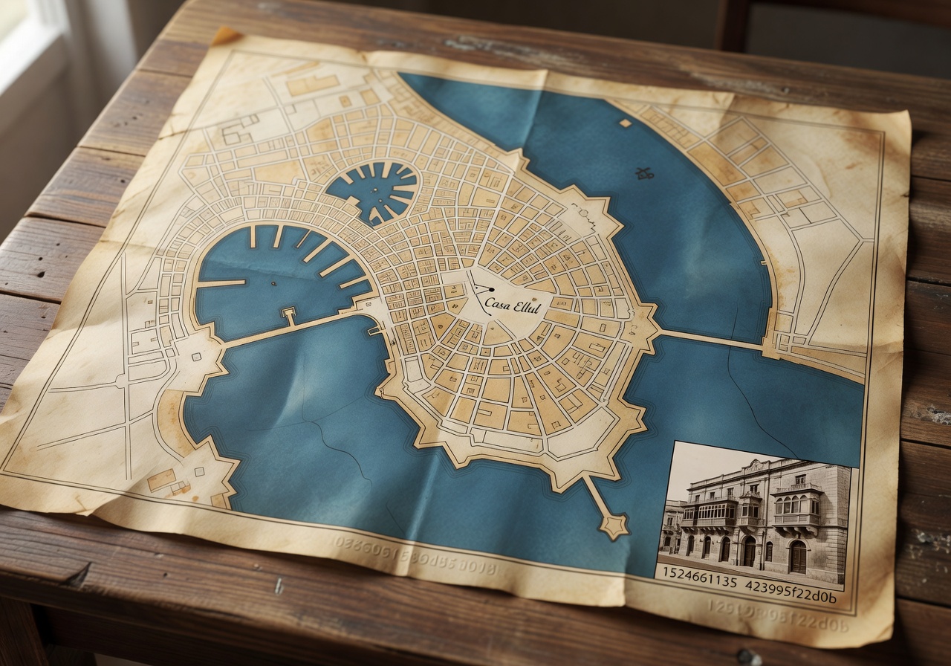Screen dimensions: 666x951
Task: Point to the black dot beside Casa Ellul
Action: click(491, 289)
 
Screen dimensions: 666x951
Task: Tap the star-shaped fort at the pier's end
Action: click(614, 525)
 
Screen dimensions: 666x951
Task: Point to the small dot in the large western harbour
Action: click(273, 283)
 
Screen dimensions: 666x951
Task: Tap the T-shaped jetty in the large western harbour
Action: click(288, 315)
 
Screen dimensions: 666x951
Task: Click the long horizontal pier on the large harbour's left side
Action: click(221, 283)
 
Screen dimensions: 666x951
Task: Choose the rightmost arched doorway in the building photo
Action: click(797, 556)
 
